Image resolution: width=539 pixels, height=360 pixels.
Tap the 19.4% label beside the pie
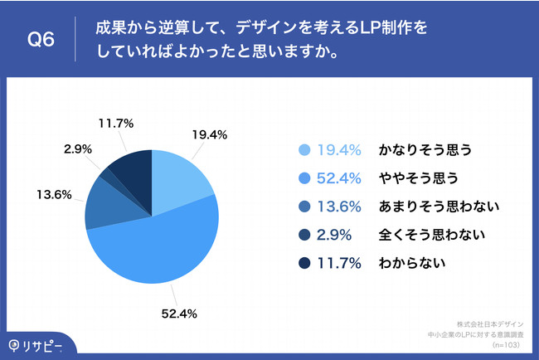click(x=212, y=133)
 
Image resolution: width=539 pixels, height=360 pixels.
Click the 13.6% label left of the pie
click(x=52, y=196)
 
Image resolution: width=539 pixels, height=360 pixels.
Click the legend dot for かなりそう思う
click(x=304, y=150)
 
